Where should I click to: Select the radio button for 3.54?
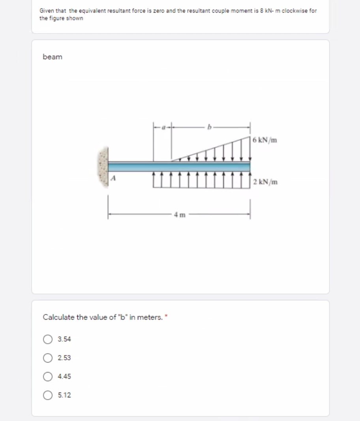[48, 339]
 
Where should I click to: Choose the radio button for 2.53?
[48, 358]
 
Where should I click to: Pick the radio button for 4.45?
[48, 376]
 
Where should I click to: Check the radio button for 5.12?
[48, 395]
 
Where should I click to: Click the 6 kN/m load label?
[265, 140]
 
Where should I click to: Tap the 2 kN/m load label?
[266, 182]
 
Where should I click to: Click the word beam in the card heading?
[52, 57]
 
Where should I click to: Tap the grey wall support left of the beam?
[103, 166]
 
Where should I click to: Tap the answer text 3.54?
[64, 339]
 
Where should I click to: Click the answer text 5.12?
[64, 395]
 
